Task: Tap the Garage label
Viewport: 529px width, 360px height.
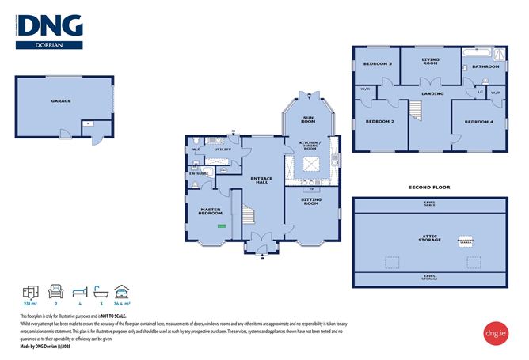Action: pyautogui.click(x=61, y=101)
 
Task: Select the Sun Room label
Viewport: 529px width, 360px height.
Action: pyautogui.click(x=309, y=121)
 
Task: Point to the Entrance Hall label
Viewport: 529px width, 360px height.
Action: pyautogui.click(x=261, y=181)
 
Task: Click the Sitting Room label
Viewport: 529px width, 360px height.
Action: pyautogui.click(x=311, y=202)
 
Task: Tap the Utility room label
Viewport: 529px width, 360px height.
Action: pyautogui.click(x=223, y=149)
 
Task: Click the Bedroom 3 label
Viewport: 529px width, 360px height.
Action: pyautogui.click(x=378, y=63)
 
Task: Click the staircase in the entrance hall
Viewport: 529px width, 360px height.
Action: pyautogui.click(x=249, y=216)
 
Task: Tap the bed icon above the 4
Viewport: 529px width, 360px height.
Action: pyautogui.click(x=78, y=290)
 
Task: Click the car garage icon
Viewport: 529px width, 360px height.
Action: pyautogui.click(x=121, y=290)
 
